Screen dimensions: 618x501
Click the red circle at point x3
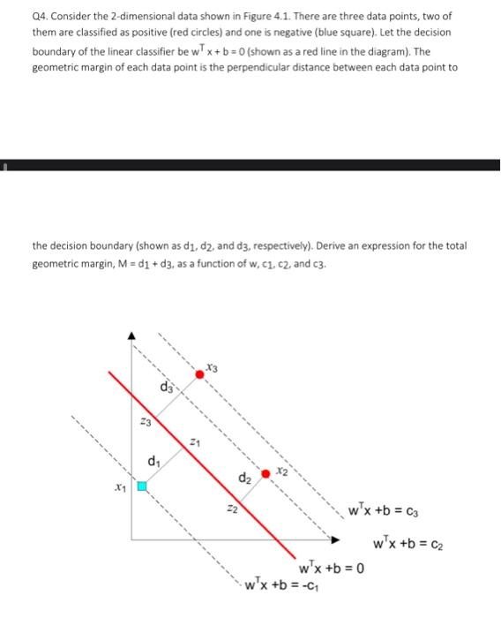pyautogui.click(x=200, y=374)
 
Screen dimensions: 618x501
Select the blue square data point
pyautogui.click(x=140, y=485)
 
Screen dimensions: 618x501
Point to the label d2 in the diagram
pyautogui.click(x=243, y=478)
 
